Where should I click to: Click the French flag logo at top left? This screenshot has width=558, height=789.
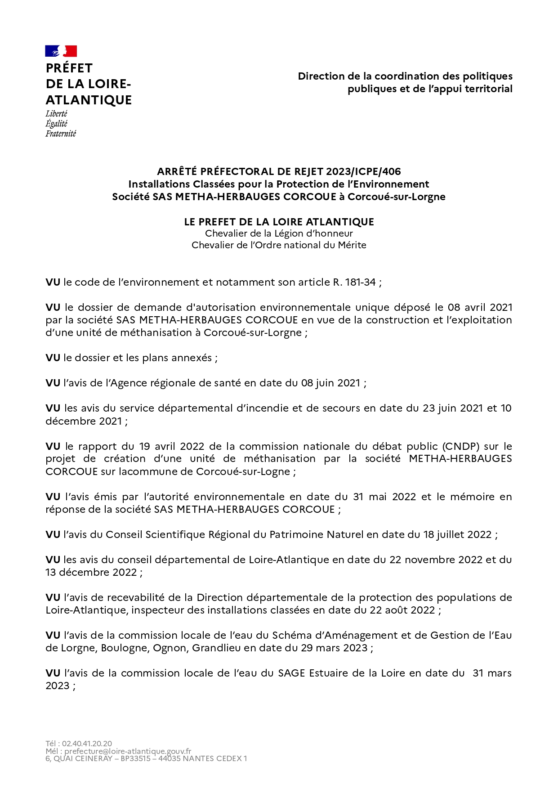pyautogui.click(x=61, y=51)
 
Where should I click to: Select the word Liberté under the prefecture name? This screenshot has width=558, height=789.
pyautogui.click(x=56, y=114)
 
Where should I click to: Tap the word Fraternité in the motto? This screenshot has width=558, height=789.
pyautogui.click(x=61, y=134)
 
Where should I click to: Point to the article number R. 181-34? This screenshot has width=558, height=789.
pyautogui.click(x=354, y=282)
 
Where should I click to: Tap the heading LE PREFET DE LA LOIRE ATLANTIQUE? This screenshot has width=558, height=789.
pyautogui.click(x=279, y=222)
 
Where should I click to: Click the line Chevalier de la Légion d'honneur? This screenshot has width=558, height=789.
pyautogui.click(x=279, y=233)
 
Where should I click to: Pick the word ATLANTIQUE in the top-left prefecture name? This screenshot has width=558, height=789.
pyautogui.click(x=89, y=100)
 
